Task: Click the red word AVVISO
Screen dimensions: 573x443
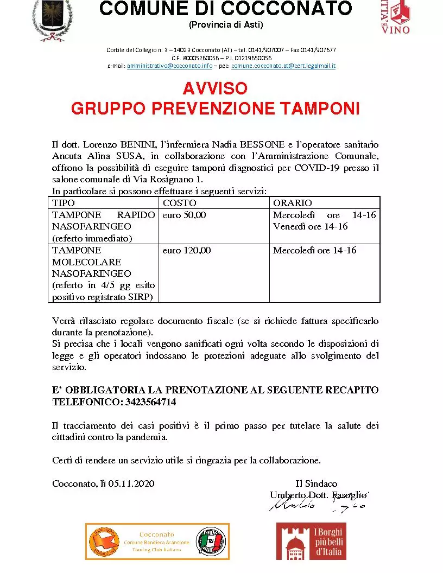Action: click(215, 88)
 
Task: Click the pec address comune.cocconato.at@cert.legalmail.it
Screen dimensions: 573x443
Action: click(283, 66)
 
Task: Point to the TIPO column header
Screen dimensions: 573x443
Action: click(64, 203)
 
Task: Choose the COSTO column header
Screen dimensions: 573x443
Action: click(176, 203)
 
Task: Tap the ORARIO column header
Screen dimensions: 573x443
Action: click(293, 203)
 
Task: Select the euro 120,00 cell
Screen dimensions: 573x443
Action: click(187, 250)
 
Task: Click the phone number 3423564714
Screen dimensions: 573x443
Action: click(149, 402)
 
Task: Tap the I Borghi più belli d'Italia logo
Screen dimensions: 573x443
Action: click(311, 541)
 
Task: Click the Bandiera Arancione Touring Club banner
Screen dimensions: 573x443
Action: click(157, 541)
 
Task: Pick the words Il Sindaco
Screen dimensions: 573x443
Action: click(317, 483)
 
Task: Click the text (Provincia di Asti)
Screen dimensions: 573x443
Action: click(225, 25)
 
